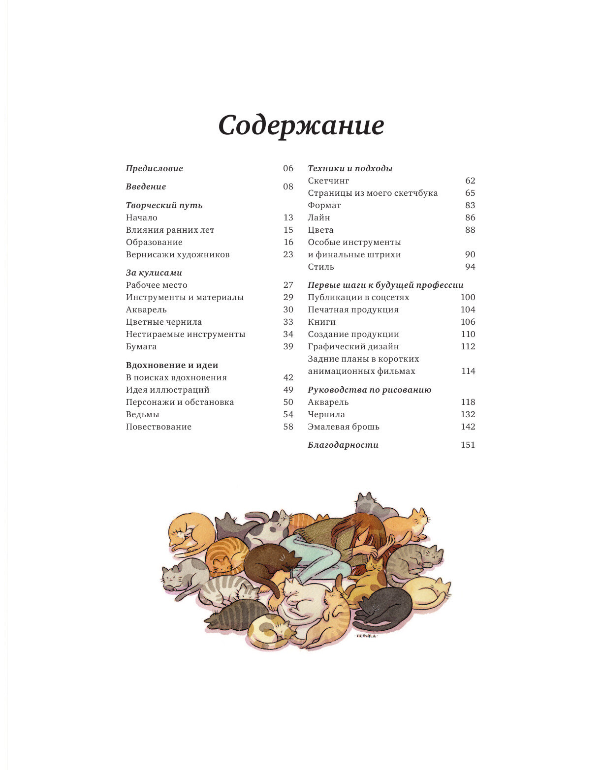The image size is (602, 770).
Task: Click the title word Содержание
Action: coord(301,125)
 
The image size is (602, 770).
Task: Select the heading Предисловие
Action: coord(154,168)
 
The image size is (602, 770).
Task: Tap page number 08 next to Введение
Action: coord(288,186)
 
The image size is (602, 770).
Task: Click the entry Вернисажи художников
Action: coord(178,254)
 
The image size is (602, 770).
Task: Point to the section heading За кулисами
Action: coord(154,273)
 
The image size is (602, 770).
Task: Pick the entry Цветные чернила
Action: coord(163,322)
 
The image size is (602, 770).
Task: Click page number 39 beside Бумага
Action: coord(288,346)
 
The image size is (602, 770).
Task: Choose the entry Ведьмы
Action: coord(142,414)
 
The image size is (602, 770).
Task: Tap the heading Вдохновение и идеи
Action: coord(172,365)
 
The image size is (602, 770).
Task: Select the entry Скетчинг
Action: coord(328,181)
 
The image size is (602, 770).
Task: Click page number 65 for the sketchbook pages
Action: coord(470,193)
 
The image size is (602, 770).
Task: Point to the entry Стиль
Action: coord(321,267)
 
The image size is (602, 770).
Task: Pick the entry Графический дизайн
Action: coord(353,346)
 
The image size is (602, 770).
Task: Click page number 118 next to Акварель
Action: coord(468,402)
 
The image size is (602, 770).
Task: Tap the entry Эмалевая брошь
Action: coord(344,427)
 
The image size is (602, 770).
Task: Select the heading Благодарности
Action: coord(343,445)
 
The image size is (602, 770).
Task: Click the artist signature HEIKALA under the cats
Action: coord(366,636)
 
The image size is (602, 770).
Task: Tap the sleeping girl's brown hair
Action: coord(359,529)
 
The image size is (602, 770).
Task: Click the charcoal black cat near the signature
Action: coord(386,608)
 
